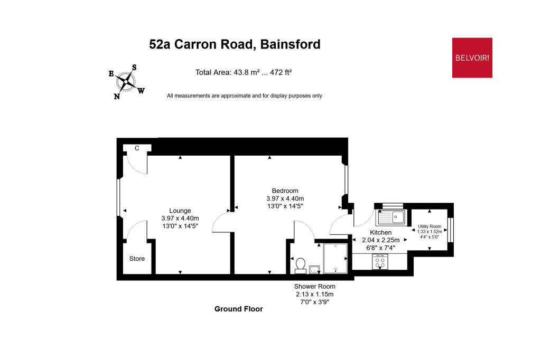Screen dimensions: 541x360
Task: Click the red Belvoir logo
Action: coord(472,58)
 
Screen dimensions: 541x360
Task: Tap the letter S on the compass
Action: coord(134,68)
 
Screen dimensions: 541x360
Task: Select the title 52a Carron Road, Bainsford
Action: coord(235,44)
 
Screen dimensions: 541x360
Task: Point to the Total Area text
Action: coord(244,72)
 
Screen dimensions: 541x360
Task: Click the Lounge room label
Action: coord(180,211)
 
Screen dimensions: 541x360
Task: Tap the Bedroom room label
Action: coord(285,191)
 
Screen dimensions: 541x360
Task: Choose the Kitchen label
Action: coord(380,233)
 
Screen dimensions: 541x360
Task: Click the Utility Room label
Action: coord(429,226)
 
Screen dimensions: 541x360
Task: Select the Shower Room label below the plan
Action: coord(314,287)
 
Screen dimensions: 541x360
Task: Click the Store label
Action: coord(137,259)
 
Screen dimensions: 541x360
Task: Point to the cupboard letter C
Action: coord(137,148)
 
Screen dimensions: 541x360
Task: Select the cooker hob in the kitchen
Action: coord(380,261)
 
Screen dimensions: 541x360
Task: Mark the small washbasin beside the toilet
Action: coord(314,269)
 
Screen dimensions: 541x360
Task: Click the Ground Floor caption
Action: coord(238,309)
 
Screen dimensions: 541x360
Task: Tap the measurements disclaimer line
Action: coord(244,96)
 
